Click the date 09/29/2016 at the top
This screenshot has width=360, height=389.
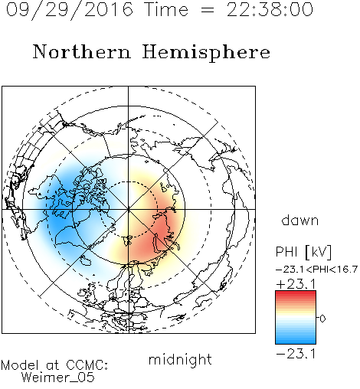click(x=70, y=10)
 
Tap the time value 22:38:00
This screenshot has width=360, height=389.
click(x=270, y=9)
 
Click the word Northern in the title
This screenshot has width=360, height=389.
click(x=82, y=51)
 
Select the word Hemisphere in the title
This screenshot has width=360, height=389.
click(x=206, y=52)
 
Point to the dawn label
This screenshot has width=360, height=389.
click(x=300, y=221)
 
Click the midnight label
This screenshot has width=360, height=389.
click(x=180, y=359)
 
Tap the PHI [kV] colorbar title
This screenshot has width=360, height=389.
click(x=303, y=252)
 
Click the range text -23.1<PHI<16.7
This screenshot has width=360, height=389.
click(x=316, y=270)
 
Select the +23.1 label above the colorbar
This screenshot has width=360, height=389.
click(x=296, y=284)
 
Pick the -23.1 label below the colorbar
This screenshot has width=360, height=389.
click(x=296, y=354)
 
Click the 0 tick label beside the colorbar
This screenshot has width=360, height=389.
click(x=322, y=319)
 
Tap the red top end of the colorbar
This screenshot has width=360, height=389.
click(x=296, y=293)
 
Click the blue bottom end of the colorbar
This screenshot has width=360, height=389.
click(x=296, y=342)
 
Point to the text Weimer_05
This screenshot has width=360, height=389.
click(x=58, y=378)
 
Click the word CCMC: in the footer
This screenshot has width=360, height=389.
click(x=87, y=365)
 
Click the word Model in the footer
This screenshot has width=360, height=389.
click(x=20, y=365)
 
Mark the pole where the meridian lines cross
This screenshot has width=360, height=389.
click(x=129, y=210)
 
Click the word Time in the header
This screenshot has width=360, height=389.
click(x=166, y=9)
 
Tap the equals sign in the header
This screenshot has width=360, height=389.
click(x=208, y=10)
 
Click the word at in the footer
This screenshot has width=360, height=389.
click(x=53, y=366)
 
